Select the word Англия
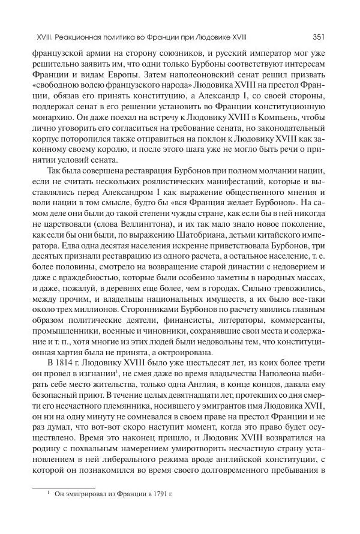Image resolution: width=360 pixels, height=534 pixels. pyautogui.click(x=187, y=388)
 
